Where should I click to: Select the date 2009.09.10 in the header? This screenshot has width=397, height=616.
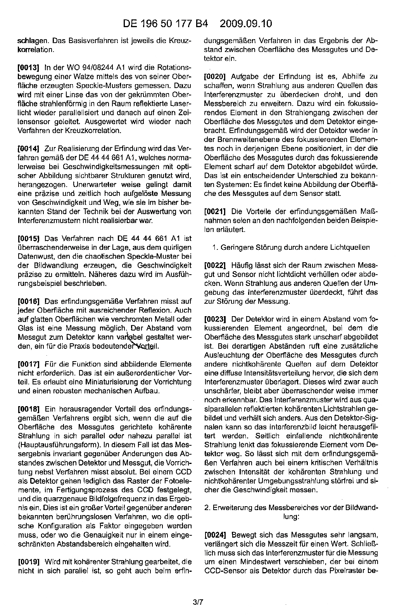[246, 24]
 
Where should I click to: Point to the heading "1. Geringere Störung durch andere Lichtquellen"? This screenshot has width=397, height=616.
[291, 247]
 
